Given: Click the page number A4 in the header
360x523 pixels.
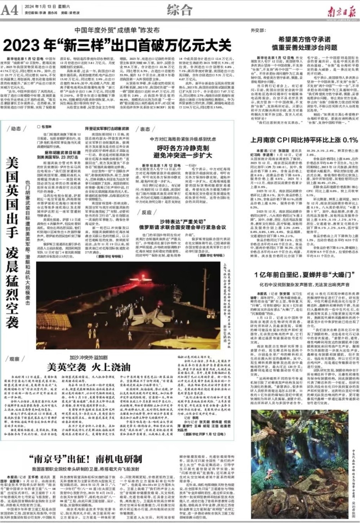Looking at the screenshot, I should (x=10, y=10).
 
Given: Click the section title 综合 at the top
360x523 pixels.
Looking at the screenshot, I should (x=179, y=10).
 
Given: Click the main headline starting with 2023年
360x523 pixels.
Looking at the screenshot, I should (x=117, y=46).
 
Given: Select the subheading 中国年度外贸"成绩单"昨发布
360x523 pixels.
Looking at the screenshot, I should (x=117, y=31).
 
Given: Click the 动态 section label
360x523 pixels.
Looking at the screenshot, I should (x=15, y=129).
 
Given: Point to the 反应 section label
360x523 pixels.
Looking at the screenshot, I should (x=145, y=212).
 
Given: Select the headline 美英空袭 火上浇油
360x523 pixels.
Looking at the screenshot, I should (x=89, y=367).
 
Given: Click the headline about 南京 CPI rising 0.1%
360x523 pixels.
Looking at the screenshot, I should (x=304, y=140).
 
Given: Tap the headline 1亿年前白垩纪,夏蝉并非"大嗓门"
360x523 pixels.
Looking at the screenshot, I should (x=302, y=275).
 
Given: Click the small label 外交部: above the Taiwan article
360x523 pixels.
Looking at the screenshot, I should (x=258, y=31).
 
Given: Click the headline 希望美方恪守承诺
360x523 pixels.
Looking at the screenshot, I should (x=304, y=40).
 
